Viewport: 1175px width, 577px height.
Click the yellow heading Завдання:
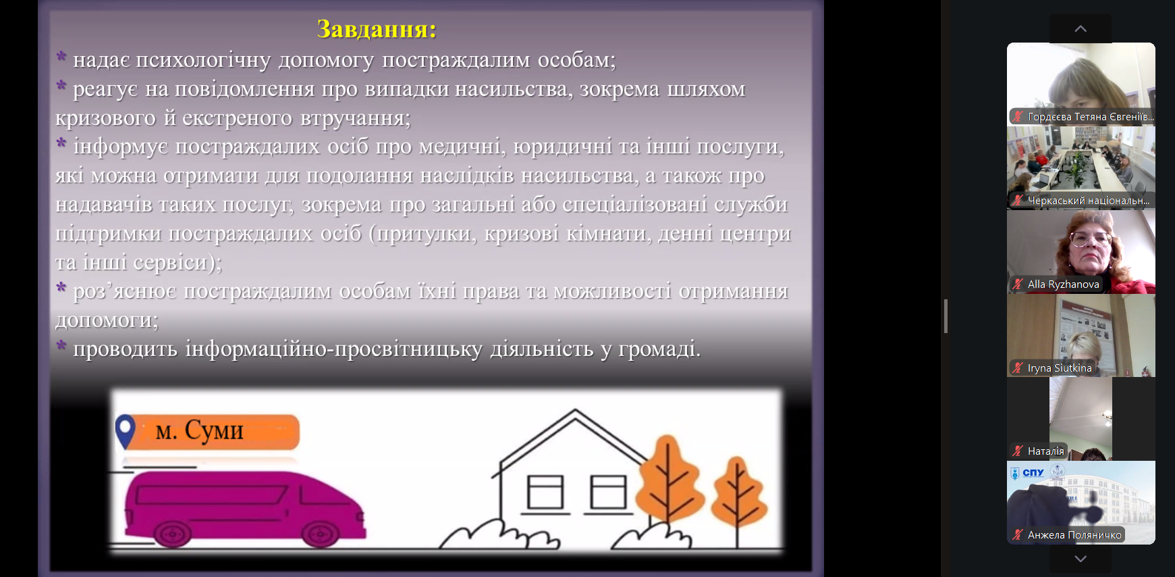click(377, 29)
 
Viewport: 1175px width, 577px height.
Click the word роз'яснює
click(126, 292)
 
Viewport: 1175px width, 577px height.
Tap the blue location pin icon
click(125, 432)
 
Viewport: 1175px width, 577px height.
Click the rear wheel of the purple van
click(171, 533)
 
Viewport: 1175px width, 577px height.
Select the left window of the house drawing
click(545, 492)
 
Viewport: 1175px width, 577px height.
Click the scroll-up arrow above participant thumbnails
click(1081, 28)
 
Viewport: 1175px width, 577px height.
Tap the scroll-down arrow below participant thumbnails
click(1081, 559)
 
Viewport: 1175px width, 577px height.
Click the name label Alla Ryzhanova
click(1063, 284)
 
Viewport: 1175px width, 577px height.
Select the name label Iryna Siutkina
click(1060, 368)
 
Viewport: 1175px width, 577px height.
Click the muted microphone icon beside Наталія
click(1018, 451)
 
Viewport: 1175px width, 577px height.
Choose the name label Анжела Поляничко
click(1074, 535)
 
